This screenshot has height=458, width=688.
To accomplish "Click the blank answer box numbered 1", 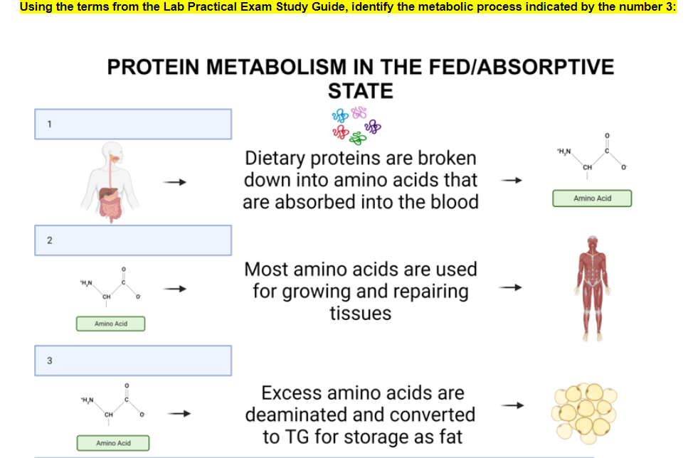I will pyautogui.click(x=134, y=124).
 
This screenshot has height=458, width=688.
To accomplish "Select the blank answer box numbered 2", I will pyautogui.click(x=134, y=240).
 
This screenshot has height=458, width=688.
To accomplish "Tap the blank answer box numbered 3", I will pyautogui.click(x=134, y=361).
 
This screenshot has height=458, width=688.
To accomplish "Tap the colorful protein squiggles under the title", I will pyautogui.click(x=356, y=124).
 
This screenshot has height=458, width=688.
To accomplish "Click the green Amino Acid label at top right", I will pyautogui.click(x=592, y=198).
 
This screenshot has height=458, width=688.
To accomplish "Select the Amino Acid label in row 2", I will pyautogui.click(x=111, y=324).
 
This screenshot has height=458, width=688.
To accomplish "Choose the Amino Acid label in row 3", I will pyautogui.click(x=113, y=444).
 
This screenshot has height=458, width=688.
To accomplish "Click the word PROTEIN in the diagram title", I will pyautogui.click(x=157, y=68).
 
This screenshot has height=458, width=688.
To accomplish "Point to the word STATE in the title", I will pyautogui.click(x=360, y=92).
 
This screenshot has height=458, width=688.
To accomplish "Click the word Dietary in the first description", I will pyautogui.click(x=277, y=158).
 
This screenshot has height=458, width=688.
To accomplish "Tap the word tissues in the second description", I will pyautogui.click(x=360, y=314).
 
